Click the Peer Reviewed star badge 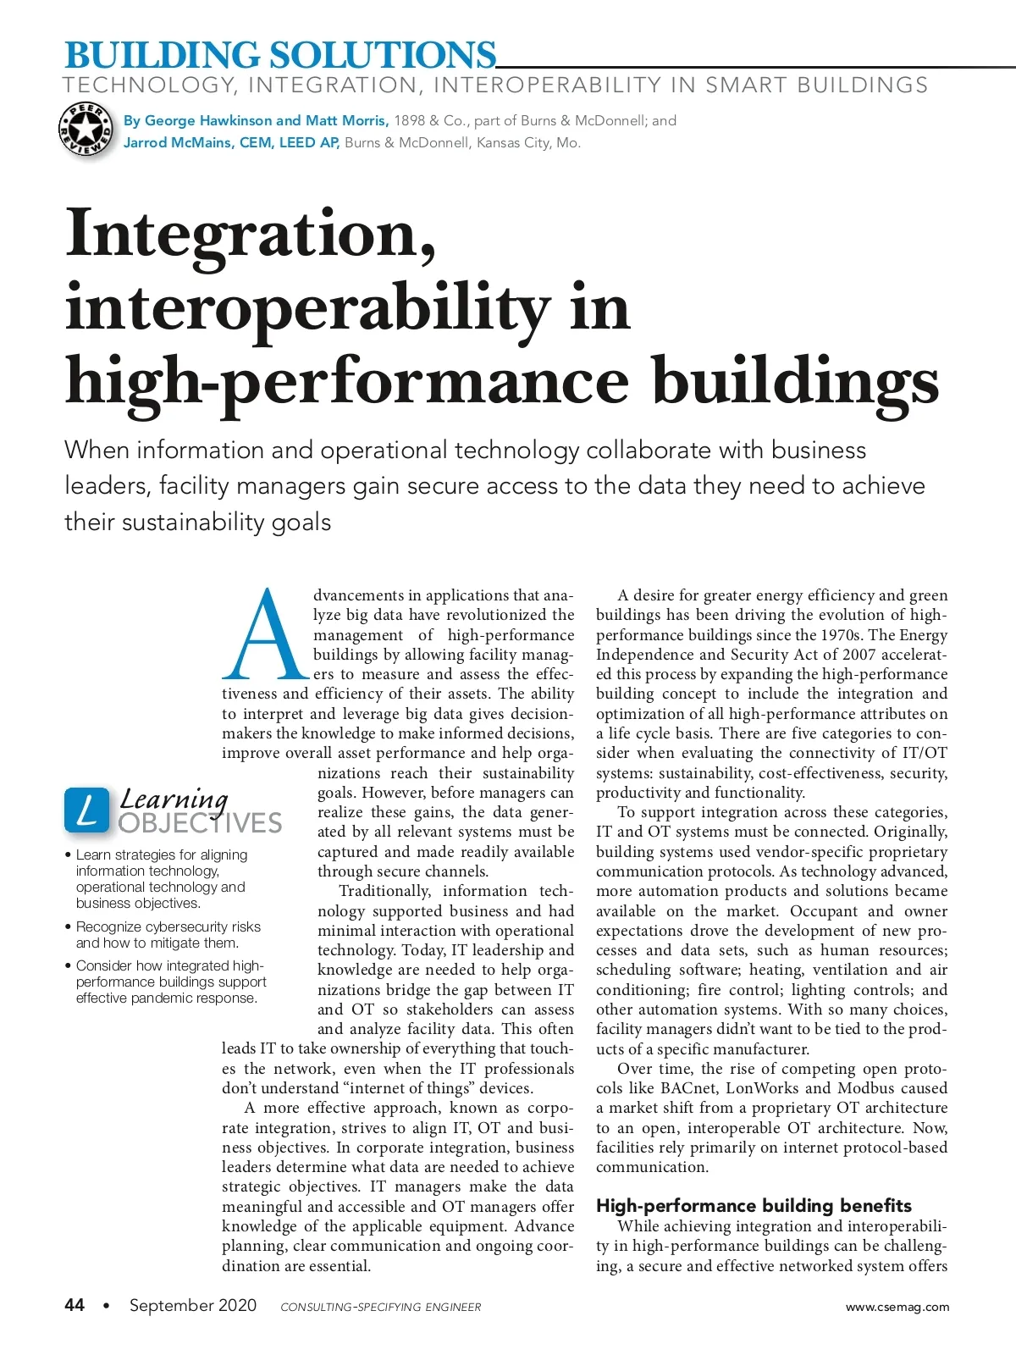(x=86, y=130)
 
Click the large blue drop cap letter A (x=266, y=634)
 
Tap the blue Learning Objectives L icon (x=86, y=810)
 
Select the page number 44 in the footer (x=75, y=1305)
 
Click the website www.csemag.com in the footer (x=897, y=1307)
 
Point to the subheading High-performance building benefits (x=754, y=1205)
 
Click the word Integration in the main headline (x=251, y=233)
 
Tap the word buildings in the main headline (x=795, y=380)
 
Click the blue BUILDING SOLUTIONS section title (x=280, y=55)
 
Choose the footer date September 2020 (x=193, y=1305)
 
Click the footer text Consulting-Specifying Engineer (x=380, y=1307)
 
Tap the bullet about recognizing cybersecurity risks (x=168, y=935)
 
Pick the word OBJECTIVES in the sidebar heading (x=201, y=823)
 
